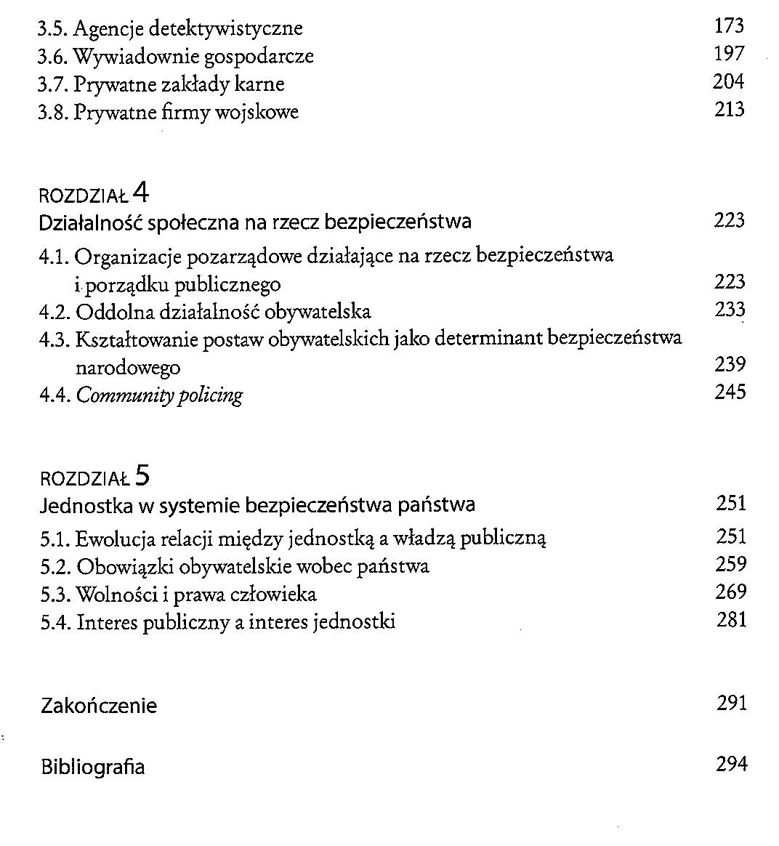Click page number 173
click(x=729, y=27)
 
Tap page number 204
click(x=729, y=82)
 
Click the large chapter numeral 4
click(x=141, y=193)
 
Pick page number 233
click(x=730, y=310)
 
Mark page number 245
click(x=730, y=392)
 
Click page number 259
click(x=731, y=564)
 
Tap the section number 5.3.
click(x=56, y=595)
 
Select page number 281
click(x=731, y=620)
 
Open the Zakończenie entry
click(x=99, y=706)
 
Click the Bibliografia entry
click(x=93, y=767)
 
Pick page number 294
click(x=731, y=765)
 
